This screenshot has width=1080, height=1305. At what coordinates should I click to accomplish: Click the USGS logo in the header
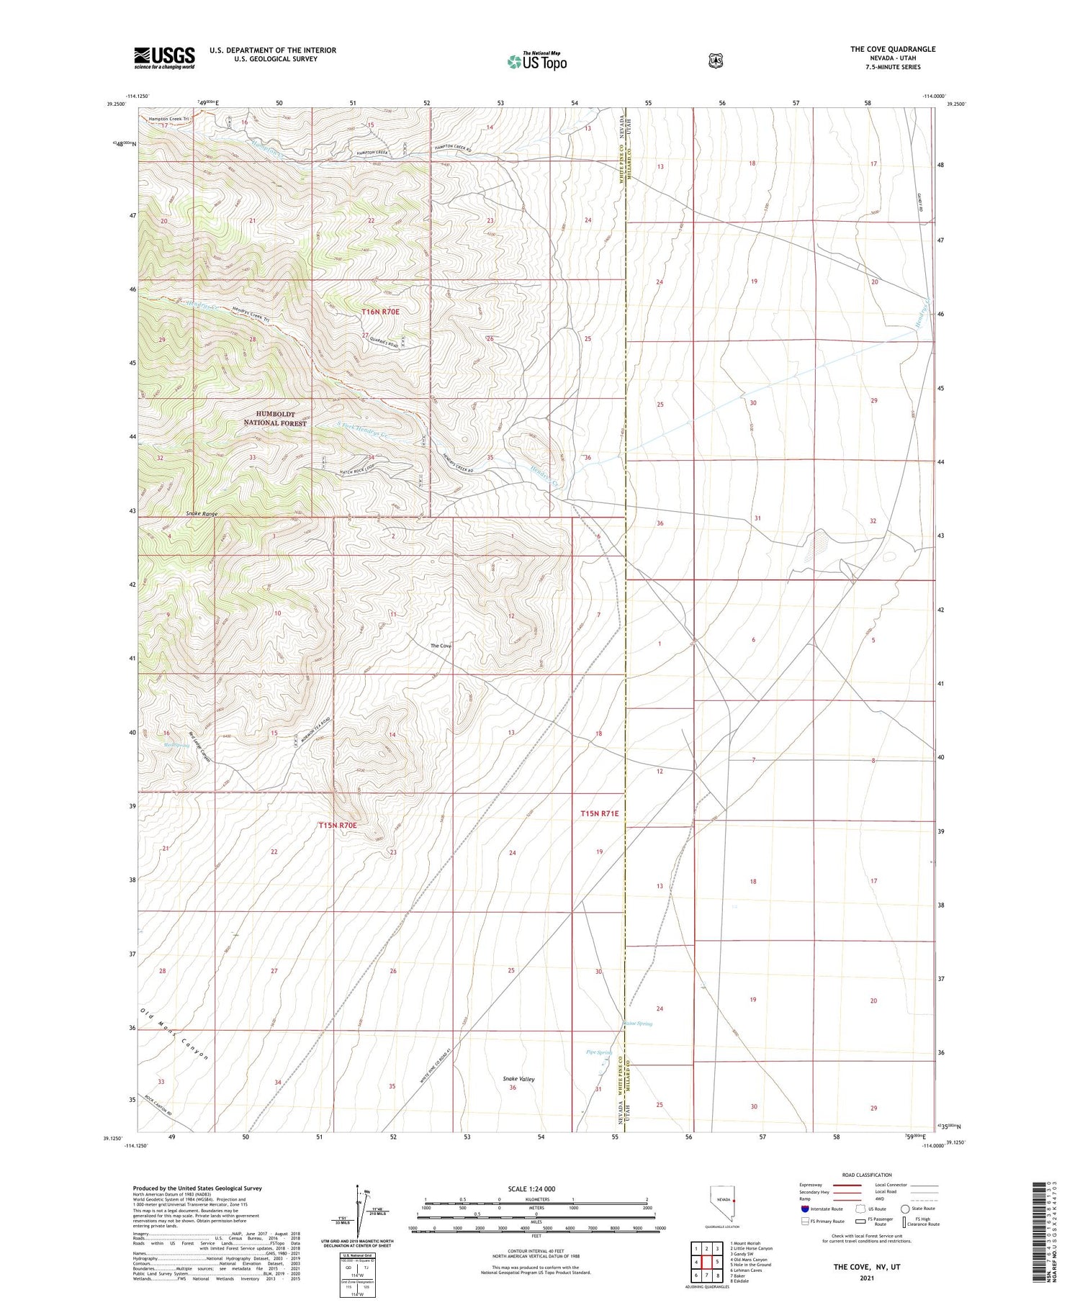click(x=164, y=58)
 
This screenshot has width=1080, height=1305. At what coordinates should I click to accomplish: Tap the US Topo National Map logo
click(x=537, y=61)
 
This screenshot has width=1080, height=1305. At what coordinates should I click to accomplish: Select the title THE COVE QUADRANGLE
click(x=893, y=49)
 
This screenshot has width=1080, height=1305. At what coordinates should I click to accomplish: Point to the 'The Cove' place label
click(x=441, y=646)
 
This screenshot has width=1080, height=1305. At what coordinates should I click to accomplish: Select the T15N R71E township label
click(x=599, y=813)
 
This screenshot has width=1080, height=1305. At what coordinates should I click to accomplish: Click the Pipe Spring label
click(x=598, y=1052)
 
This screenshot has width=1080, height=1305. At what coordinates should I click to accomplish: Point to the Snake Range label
click(x=201, y=513)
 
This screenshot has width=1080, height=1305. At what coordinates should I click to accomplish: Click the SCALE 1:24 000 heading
click(x=532, y=1188)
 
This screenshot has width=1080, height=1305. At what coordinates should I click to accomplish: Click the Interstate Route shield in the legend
click(x=805, y=1209)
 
